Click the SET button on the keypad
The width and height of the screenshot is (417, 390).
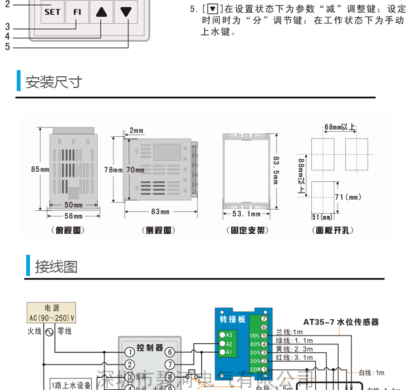52,11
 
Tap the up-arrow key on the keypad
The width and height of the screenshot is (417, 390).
101,11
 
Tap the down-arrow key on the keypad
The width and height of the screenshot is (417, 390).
126,11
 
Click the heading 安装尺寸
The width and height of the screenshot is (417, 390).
54,82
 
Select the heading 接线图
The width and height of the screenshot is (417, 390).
56,266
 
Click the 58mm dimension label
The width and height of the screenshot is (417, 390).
73,216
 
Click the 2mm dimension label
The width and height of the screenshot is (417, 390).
136,131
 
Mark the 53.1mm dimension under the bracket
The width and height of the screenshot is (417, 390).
246,214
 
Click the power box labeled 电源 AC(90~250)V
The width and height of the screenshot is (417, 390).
51,313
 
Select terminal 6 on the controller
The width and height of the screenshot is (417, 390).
170,352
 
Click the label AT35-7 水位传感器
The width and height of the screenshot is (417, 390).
341,322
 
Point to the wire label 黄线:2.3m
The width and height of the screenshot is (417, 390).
294,349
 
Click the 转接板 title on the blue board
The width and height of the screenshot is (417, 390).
233,319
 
